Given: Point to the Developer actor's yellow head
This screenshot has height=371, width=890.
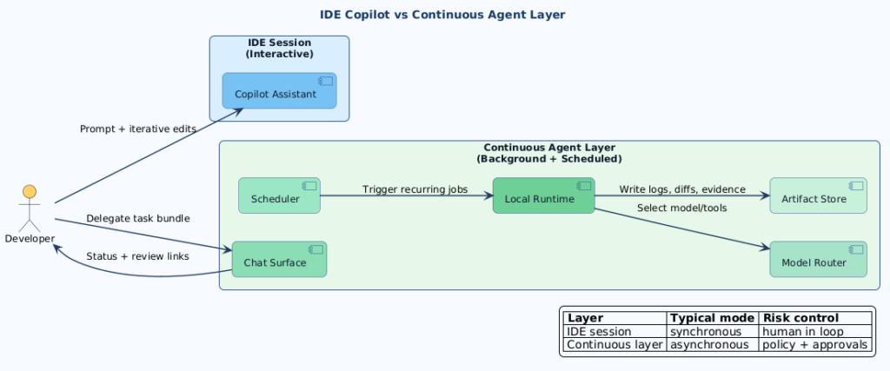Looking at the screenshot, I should (x=30, y=191).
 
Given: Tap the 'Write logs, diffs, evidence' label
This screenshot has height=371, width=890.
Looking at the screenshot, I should (x=682, y=189).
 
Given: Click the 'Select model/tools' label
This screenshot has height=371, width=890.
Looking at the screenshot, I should (x=681, y=208).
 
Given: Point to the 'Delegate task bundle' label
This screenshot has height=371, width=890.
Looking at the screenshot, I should (x=137, y=218).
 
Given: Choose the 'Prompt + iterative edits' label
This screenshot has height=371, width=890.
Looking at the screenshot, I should (x=137, y=129).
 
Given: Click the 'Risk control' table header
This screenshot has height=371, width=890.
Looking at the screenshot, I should (x=800, y=318).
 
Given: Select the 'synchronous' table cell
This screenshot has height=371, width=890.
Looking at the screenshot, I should (x=705, y=331).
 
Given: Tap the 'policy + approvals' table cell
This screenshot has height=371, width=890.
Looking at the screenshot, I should (x=814, y=345).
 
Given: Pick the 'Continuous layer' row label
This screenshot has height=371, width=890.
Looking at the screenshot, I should (x=614, y=345).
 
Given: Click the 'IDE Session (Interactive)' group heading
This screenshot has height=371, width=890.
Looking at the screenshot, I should (x=279, y=48).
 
